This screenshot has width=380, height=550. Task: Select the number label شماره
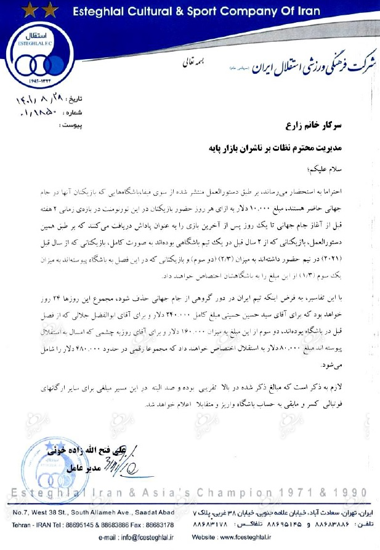coord(90,113)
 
